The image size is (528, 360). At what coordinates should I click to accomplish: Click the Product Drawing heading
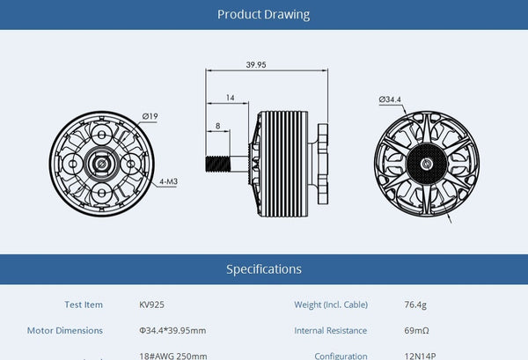coord(263,15)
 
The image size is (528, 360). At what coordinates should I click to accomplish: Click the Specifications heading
coord(263,268)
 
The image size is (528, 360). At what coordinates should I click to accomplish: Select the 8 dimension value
coord(218,126)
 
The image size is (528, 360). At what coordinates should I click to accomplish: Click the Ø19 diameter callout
coord(150,115)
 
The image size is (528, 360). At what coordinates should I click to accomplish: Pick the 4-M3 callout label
coord(169,182)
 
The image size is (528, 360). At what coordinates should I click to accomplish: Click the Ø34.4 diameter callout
coord(390,99)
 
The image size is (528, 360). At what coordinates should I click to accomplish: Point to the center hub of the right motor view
coord(428,165)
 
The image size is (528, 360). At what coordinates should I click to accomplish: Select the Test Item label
coord(84,305)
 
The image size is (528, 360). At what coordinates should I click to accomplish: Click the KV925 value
coord(152,305)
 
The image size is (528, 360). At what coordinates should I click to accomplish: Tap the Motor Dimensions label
coord(64,330)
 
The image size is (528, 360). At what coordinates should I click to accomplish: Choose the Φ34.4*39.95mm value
coord(172,330)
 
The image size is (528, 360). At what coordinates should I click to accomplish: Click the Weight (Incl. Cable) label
coord(331,305)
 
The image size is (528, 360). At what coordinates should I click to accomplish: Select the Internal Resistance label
coord(331,330)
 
